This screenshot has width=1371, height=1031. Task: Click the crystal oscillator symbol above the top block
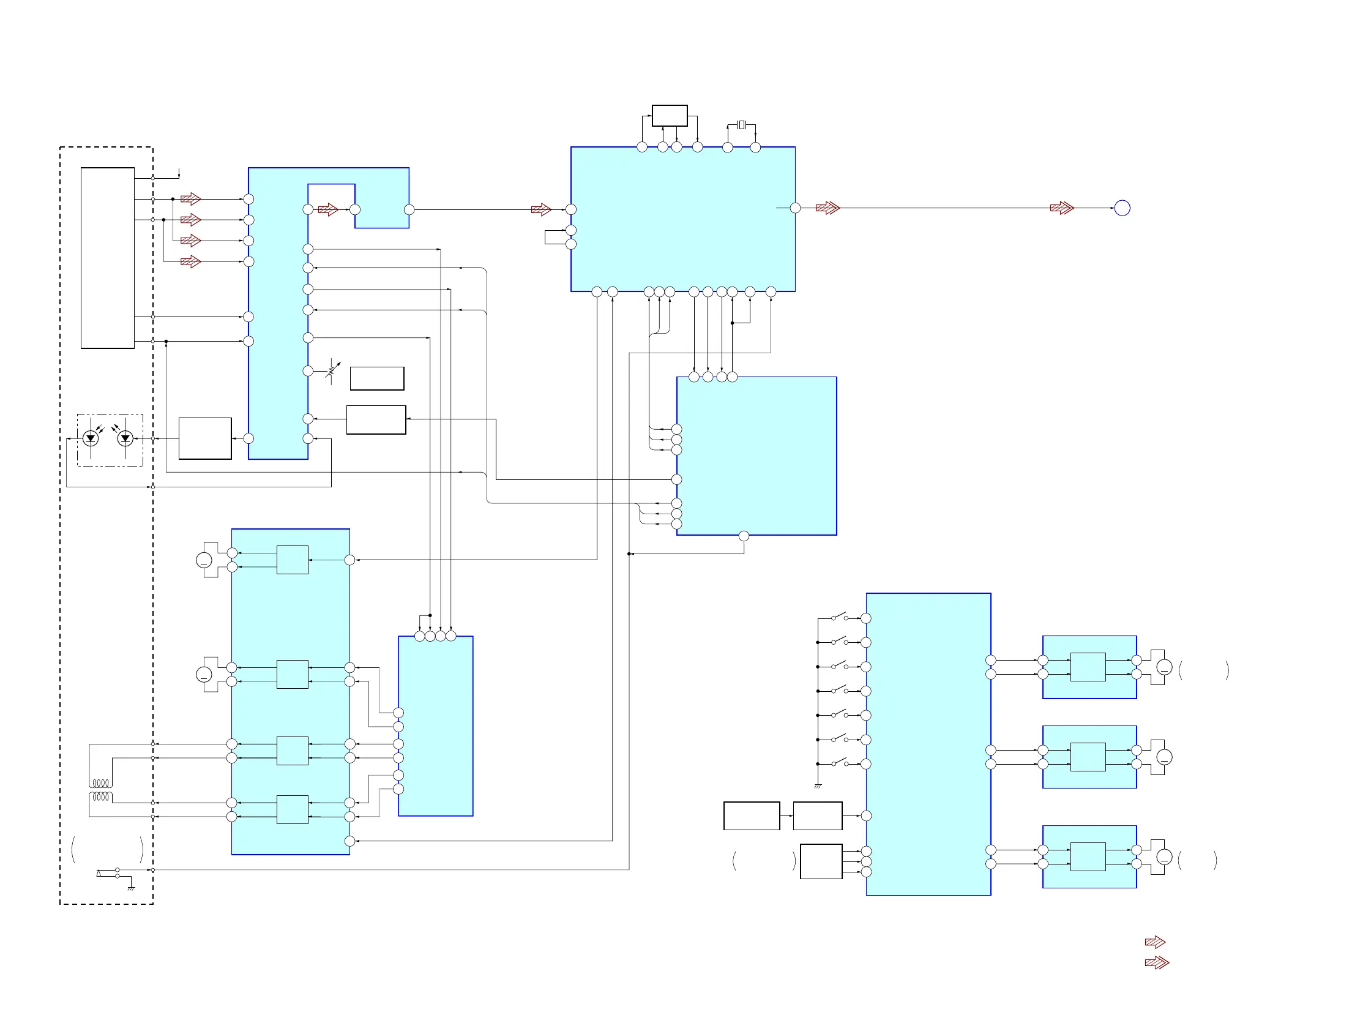pos(741,126)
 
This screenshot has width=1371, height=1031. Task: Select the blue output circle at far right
pos(1122,208)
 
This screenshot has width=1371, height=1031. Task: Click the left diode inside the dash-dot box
pos(91,438)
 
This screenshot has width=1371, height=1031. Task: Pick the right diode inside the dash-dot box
pos(125,438)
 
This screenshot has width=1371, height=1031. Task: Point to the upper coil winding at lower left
pos(101,783)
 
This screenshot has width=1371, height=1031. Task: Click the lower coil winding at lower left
pos(101,797)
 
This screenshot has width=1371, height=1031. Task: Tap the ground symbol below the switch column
pos(818,786)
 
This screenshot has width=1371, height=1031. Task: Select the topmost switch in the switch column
pos(840,617)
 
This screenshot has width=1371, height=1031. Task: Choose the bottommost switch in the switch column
pos(840,763)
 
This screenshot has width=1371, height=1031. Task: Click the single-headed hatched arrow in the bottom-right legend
pos(1155,942)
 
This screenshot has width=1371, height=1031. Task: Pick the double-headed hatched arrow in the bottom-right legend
pos(1157,963)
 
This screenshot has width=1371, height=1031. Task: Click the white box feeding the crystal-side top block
pos(670,116)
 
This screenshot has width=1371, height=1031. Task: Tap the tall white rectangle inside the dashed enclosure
pos(107,258)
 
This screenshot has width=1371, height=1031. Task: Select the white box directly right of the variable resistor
pos(377,378)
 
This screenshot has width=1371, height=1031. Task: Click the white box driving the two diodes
pos(205,438)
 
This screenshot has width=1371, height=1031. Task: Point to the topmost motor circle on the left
pos(204,560)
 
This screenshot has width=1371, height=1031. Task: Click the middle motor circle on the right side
pos(1164,757)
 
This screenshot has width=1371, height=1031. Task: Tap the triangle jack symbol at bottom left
pos(99,874)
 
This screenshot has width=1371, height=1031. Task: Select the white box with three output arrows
pos(821,861)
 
